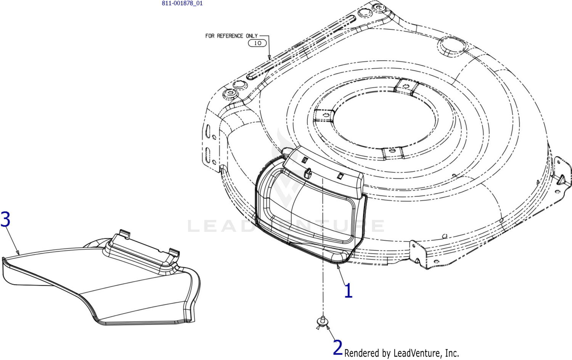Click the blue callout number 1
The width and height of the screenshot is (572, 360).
(x=349, y=291)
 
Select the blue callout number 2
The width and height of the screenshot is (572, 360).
(x=338, y=347)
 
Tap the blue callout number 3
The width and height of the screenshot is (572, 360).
(x=5, y=219)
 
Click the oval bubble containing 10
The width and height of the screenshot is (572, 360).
(x=257, y=43)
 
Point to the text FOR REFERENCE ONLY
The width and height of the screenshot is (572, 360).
(x=231, y=36)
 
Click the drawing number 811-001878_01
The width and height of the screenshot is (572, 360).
(x=182, y=3)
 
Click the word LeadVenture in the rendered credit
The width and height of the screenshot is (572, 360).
(x=418, y=353)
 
